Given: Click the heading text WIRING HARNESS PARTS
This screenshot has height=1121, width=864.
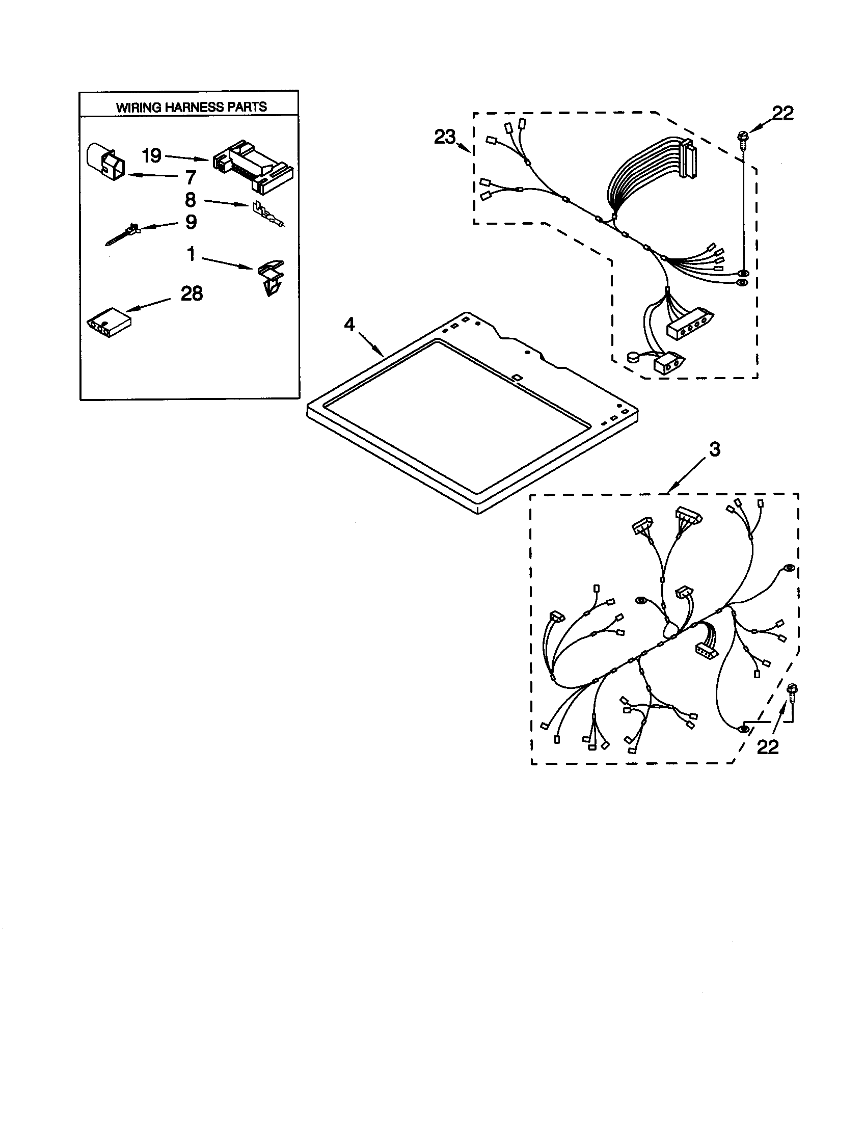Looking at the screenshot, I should pyautogui.click(x=191, y=107).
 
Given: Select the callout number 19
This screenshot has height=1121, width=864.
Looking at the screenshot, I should pyautogui.click(x=152, y=155).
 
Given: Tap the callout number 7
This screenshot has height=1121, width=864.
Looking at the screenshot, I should pyautogui.click(x=191, y=178).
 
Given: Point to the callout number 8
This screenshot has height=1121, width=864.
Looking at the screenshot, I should pyautogui.click(x=191, y=200).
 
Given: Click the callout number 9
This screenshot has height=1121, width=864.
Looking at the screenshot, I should pyautogui.click(x=191, y=222).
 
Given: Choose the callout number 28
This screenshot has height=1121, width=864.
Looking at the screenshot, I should pyautogui.click(x=192, y=293).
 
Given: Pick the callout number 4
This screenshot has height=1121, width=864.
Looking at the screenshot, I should pyautogui.click(x=349, y=325).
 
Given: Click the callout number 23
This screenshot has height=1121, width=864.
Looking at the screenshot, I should pyautogui.click(x=444, y=137).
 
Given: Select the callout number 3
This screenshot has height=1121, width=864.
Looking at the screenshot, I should pyautogui.click(x=715, y=449).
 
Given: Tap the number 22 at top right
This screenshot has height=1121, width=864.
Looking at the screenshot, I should pyautogui.click(x=782, y=114).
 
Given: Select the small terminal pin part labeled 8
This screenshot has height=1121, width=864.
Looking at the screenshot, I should pyautogui.click(x=267, y=215).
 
